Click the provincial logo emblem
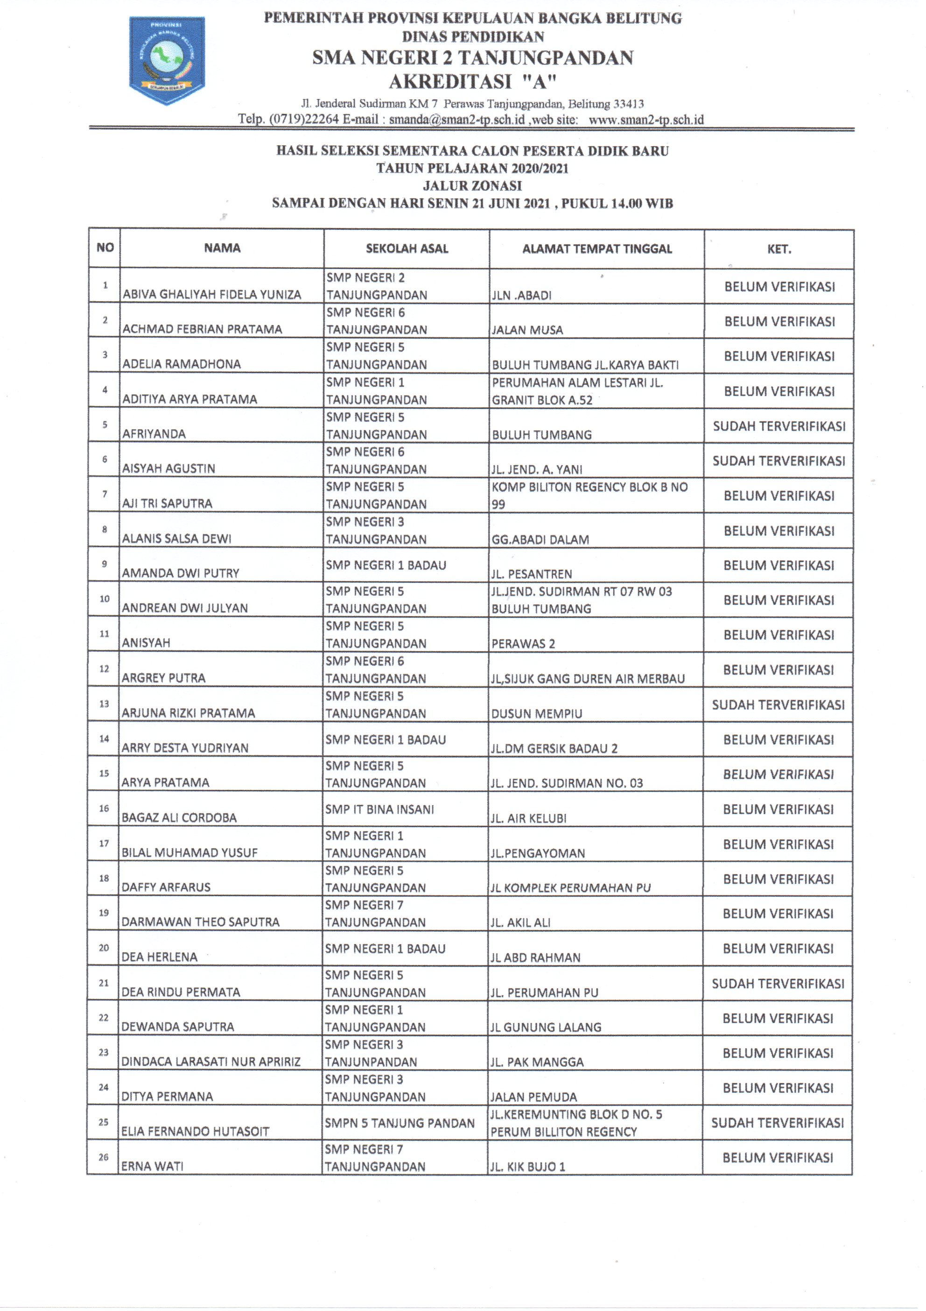[x=167, y=60]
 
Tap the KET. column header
[x=779, y=249]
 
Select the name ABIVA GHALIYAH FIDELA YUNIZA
[x=212, y=295]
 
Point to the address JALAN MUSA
[x=527, y=330]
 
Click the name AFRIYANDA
[x=154, y=434]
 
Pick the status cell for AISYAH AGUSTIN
[x=779, y=461]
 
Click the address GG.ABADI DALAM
[x=540, y=539]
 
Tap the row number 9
[x=105, y=564]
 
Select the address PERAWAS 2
[x=523, y=644]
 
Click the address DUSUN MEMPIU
[x=536, y=714]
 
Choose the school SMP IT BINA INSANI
[x=379, y=809]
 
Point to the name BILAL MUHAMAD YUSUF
[x=189, y=852]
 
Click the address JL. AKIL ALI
[x=520, y=923]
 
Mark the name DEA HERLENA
[x=159, y=957]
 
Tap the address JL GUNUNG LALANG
[x=546, y=1027]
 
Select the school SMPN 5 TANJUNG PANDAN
[x=400, y=1123]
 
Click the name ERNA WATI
[x=152, y=1167]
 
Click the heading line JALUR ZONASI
[x=472, y=185]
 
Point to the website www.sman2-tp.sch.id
[x=646, y=120]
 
